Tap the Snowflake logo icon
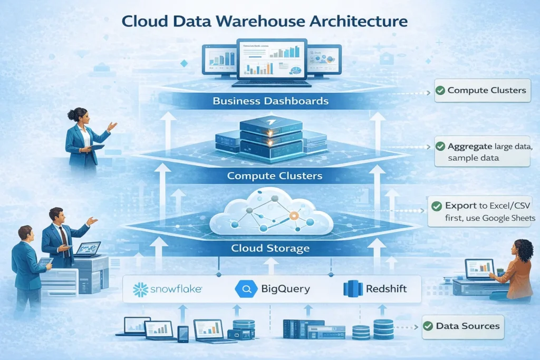pos(140,289)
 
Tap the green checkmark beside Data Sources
pos(428,326)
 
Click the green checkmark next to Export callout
pos(436,206)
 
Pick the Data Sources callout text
pos(467,326)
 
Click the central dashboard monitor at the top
pos(272,60)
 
